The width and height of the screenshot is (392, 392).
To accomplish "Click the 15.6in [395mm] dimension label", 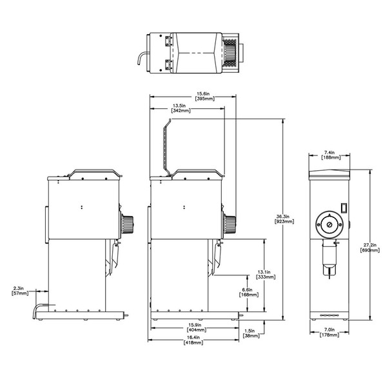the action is pyautogui.click(x=205, y=96).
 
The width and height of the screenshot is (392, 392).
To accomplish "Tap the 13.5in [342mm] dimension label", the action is pyautogui.click(x=181, y=108).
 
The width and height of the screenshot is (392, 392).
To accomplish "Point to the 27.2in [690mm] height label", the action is pyautogui.click(x=370, y=248).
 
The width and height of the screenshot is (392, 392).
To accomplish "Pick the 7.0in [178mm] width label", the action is pyautogui.click(x=329, y=333).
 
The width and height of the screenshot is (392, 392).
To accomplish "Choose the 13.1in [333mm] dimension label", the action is pyautogui.click(x=266, y=275).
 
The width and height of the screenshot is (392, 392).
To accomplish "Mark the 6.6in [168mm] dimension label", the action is pyautogui.click(x=249, y=292).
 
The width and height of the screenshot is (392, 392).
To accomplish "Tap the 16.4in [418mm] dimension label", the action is pyautogui.click(x=193, y=340).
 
